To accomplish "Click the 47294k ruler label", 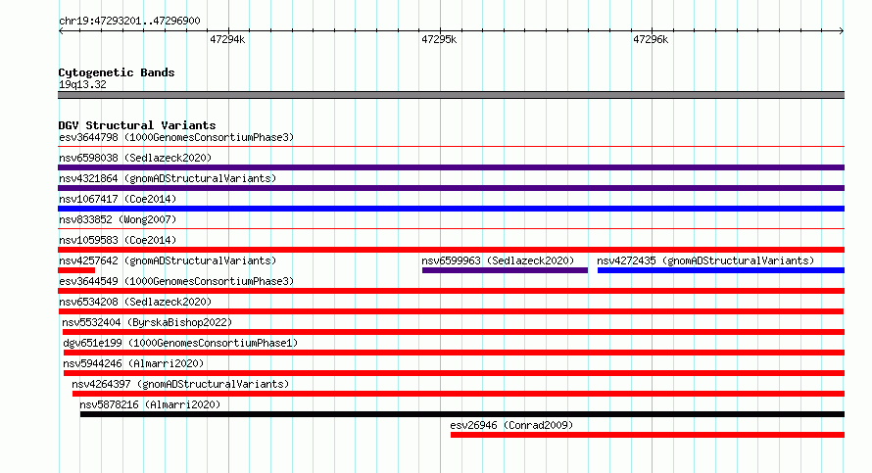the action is coord(227,39).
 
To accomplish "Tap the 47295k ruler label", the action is coord(439,39).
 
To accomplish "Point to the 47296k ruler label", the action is coord(651,39).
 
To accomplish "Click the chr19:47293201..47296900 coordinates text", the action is coord(129,21).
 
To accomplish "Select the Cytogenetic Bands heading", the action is coord(117,72).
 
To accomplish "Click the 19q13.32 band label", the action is coord(82,84).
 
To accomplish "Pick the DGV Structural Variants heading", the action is coord(137,125).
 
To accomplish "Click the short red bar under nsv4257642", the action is coord(76,270).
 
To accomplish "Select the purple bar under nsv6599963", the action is coord(505,270).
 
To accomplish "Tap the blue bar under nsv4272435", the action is coord(721,270).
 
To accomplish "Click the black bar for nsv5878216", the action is coord(462,414).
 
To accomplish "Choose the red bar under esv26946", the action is coord(648,435).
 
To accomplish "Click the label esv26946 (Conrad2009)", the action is coord(511,425).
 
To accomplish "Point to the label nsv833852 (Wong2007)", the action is coord(118,219).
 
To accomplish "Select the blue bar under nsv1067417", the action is coord(451,209).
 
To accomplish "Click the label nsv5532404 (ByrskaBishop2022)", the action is coord(147,322).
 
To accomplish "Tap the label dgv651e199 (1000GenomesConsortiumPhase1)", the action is coord(180,343).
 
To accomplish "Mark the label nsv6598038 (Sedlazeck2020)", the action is coord(135,158).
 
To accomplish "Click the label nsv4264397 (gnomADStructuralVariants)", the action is coord(180,384).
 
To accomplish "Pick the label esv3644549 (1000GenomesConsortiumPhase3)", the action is coord(176,281).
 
